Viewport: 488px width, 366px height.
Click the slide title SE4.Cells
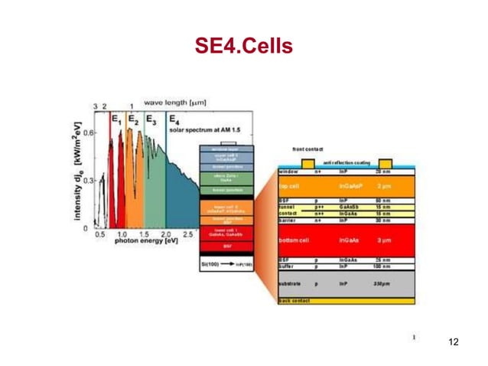(x=244, y=47)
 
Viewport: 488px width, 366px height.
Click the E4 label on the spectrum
(x=174, y=120)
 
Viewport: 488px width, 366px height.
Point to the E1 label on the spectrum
(x=116, y=120)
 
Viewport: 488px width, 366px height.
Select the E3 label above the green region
(x=151, y=120)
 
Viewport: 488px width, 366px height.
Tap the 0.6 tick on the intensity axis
(x=88, y=132)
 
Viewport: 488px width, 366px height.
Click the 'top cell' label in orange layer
(x=289, y=185)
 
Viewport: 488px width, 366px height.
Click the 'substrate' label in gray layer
(x=291, y=284)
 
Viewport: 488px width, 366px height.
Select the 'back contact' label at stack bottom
(x=294, y=301)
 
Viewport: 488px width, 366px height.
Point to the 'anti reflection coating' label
(x=347, y=163)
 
